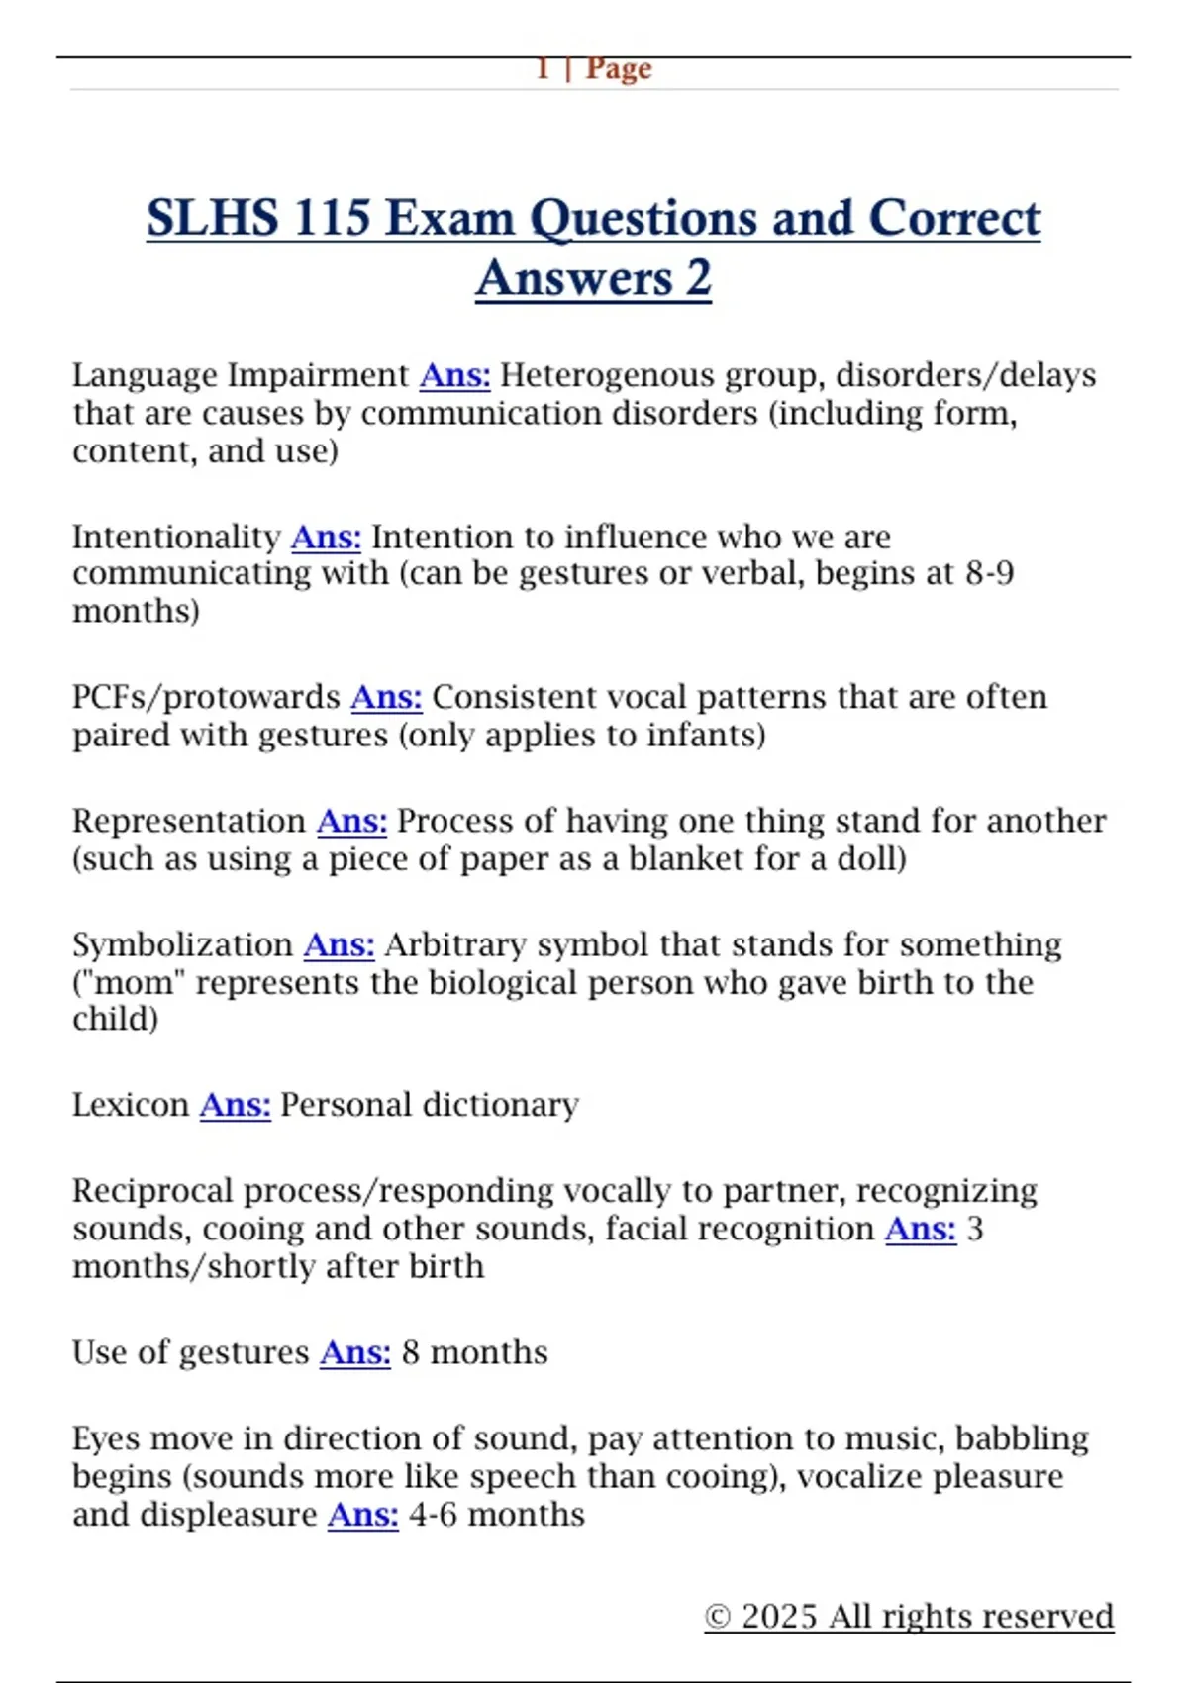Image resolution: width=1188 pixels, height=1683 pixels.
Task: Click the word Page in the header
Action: click(619, 69)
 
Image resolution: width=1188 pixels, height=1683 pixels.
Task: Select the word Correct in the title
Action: click(954, 218)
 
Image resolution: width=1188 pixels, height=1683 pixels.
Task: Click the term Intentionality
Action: click(176, 538)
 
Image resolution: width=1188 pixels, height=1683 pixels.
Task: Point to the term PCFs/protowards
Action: click(206, 698)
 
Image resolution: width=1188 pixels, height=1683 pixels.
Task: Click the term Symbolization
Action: click(182, 945)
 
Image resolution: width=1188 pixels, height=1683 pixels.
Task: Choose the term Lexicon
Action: click(130, 1105)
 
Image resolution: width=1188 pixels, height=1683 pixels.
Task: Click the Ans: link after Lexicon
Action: click(235, 1105)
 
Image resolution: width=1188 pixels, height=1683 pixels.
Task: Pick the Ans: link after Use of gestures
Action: click(355, 1353)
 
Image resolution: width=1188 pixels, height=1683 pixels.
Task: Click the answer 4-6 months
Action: click(497, 1515)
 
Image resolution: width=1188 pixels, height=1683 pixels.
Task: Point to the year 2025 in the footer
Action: click(780, 1617)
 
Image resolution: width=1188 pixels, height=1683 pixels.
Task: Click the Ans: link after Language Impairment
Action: click(454, 376)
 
